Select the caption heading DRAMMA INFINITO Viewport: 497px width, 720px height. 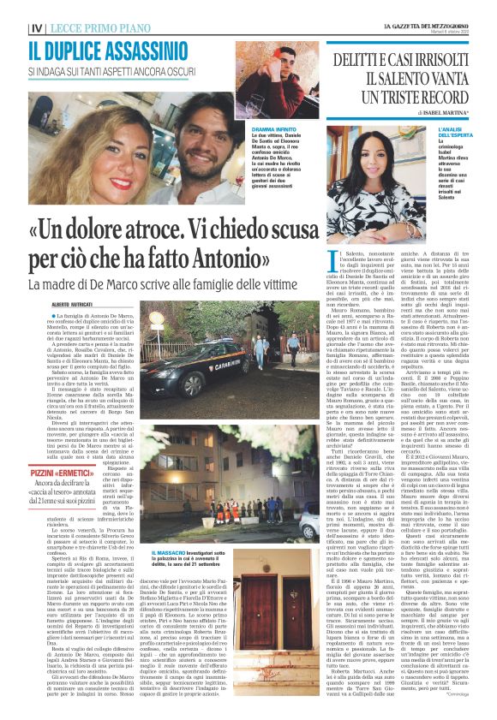coord(250,130)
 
